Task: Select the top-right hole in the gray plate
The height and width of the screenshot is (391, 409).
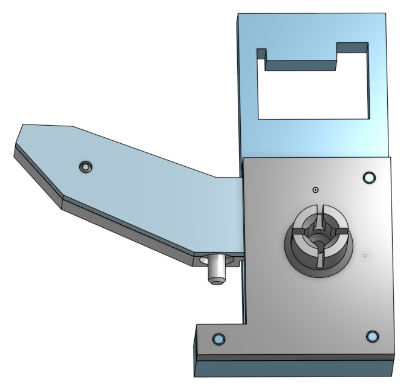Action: (368, 178)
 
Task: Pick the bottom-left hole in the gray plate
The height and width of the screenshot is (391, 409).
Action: (218, 340)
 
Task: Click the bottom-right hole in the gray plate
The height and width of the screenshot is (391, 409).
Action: (372, 337)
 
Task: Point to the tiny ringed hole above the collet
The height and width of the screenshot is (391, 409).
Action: (315, 190)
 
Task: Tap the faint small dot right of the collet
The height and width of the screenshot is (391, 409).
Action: (365, 256)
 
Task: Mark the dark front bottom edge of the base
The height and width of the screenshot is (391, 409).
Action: (290, 367)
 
